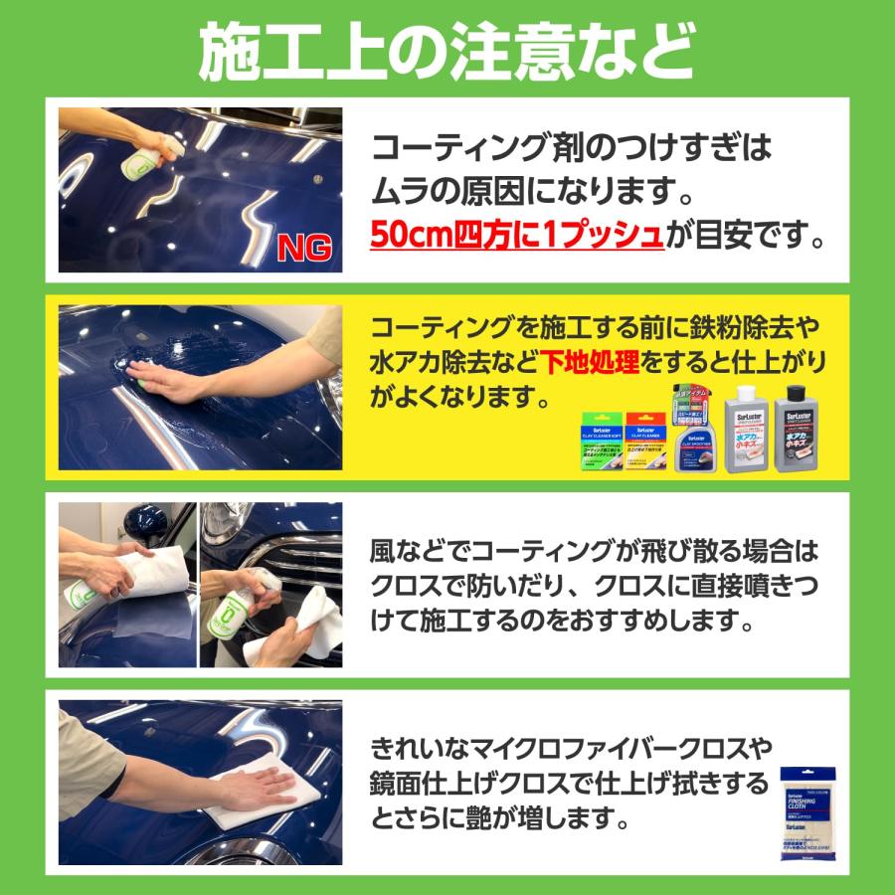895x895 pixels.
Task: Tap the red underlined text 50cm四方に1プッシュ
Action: pos(516,236)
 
